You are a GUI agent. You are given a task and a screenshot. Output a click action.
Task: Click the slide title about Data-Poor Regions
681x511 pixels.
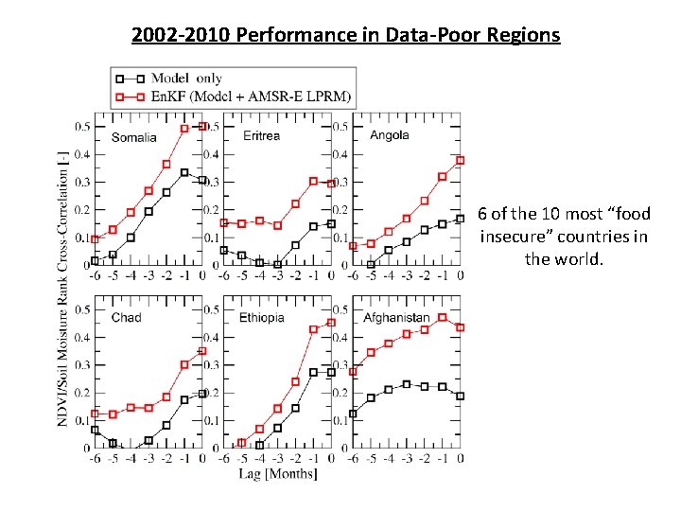(346, 36)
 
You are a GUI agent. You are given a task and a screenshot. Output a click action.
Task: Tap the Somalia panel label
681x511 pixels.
(134, 137)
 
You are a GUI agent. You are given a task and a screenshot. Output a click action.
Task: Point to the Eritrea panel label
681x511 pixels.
(262, 135)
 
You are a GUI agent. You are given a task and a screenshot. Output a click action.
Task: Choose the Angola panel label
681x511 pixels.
(390, 135)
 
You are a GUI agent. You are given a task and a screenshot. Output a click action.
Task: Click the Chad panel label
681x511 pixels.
(126, 317)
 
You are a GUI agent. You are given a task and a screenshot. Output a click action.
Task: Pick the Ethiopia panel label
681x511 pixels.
(262, 317)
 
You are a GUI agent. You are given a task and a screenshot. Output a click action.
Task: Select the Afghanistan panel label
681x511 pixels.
(396, 317)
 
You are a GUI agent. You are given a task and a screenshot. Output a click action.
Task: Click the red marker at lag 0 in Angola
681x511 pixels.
(461, 160)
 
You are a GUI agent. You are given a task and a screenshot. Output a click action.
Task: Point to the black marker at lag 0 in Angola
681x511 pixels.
(461, 219)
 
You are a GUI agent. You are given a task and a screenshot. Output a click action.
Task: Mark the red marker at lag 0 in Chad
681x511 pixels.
(202, 351)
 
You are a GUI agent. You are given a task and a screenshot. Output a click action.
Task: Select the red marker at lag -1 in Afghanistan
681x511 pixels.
(443, 317)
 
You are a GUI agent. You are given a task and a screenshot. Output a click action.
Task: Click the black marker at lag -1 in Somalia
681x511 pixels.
(184, 172)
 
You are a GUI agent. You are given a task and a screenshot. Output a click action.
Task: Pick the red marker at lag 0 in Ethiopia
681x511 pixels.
(331, 322)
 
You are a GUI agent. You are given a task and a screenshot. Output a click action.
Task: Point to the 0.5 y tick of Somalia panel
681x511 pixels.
(82, 127)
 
